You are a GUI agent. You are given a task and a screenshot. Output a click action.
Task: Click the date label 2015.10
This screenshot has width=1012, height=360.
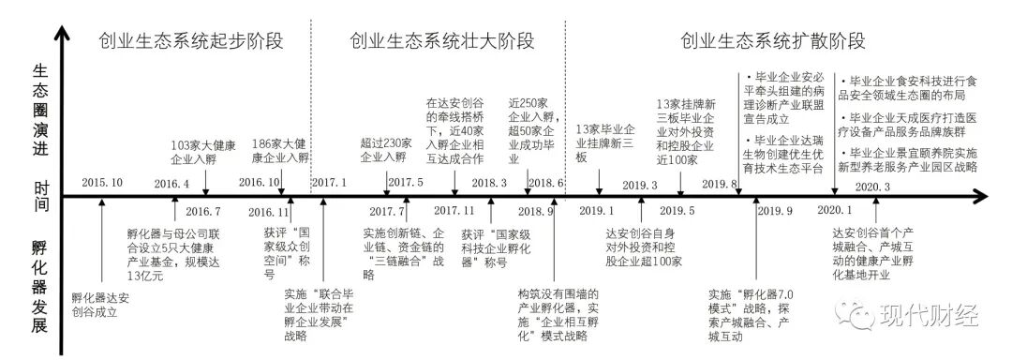point(102,182)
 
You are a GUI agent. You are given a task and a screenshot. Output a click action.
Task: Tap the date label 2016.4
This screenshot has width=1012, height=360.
point(172,184)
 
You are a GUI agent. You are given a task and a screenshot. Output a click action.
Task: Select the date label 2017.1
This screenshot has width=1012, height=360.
point(329,182)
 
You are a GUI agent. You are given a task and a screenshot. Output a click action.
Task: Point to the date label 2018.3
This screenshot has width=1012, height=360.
point(489,184)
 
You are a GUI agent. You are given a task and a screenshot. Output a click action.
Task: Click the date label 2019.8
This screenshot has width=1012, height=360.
point(721,184)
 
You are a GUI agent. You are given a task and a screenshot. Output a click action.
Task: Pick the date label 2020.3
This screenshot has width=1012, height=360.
point(873,187)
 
